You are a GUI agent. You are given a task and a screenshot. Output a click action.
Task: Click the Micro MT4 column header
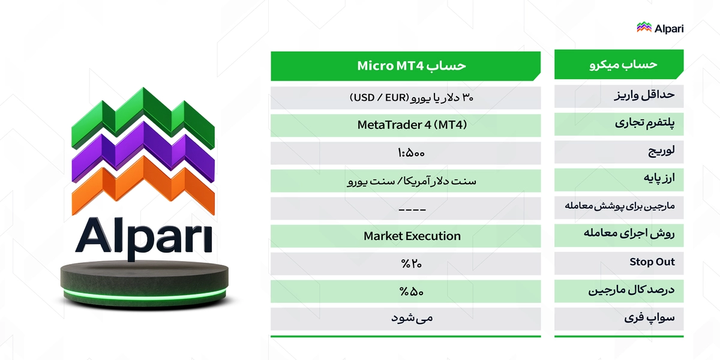[412, 66]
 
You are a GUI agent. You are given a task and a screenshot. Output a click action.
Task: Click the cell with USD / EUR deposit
[412, 98]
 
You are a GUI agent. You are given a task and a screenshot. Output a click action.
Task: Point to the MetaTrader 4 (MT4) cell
[412, 125]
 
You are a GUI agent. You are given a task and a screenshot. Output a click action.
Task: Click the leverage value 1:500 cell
[412, 153]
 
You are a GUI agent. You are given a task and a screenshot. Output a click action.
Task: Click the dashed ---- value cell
[412, 208]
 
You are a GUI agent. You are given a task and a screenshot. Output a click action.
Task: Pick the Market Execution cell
[412, 236]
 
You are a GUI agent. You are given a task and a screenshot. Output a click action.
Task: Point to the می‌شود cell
[412, 318]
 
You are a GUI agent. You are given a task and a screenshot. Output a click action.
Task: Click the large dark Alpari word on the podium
[143, 236]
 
